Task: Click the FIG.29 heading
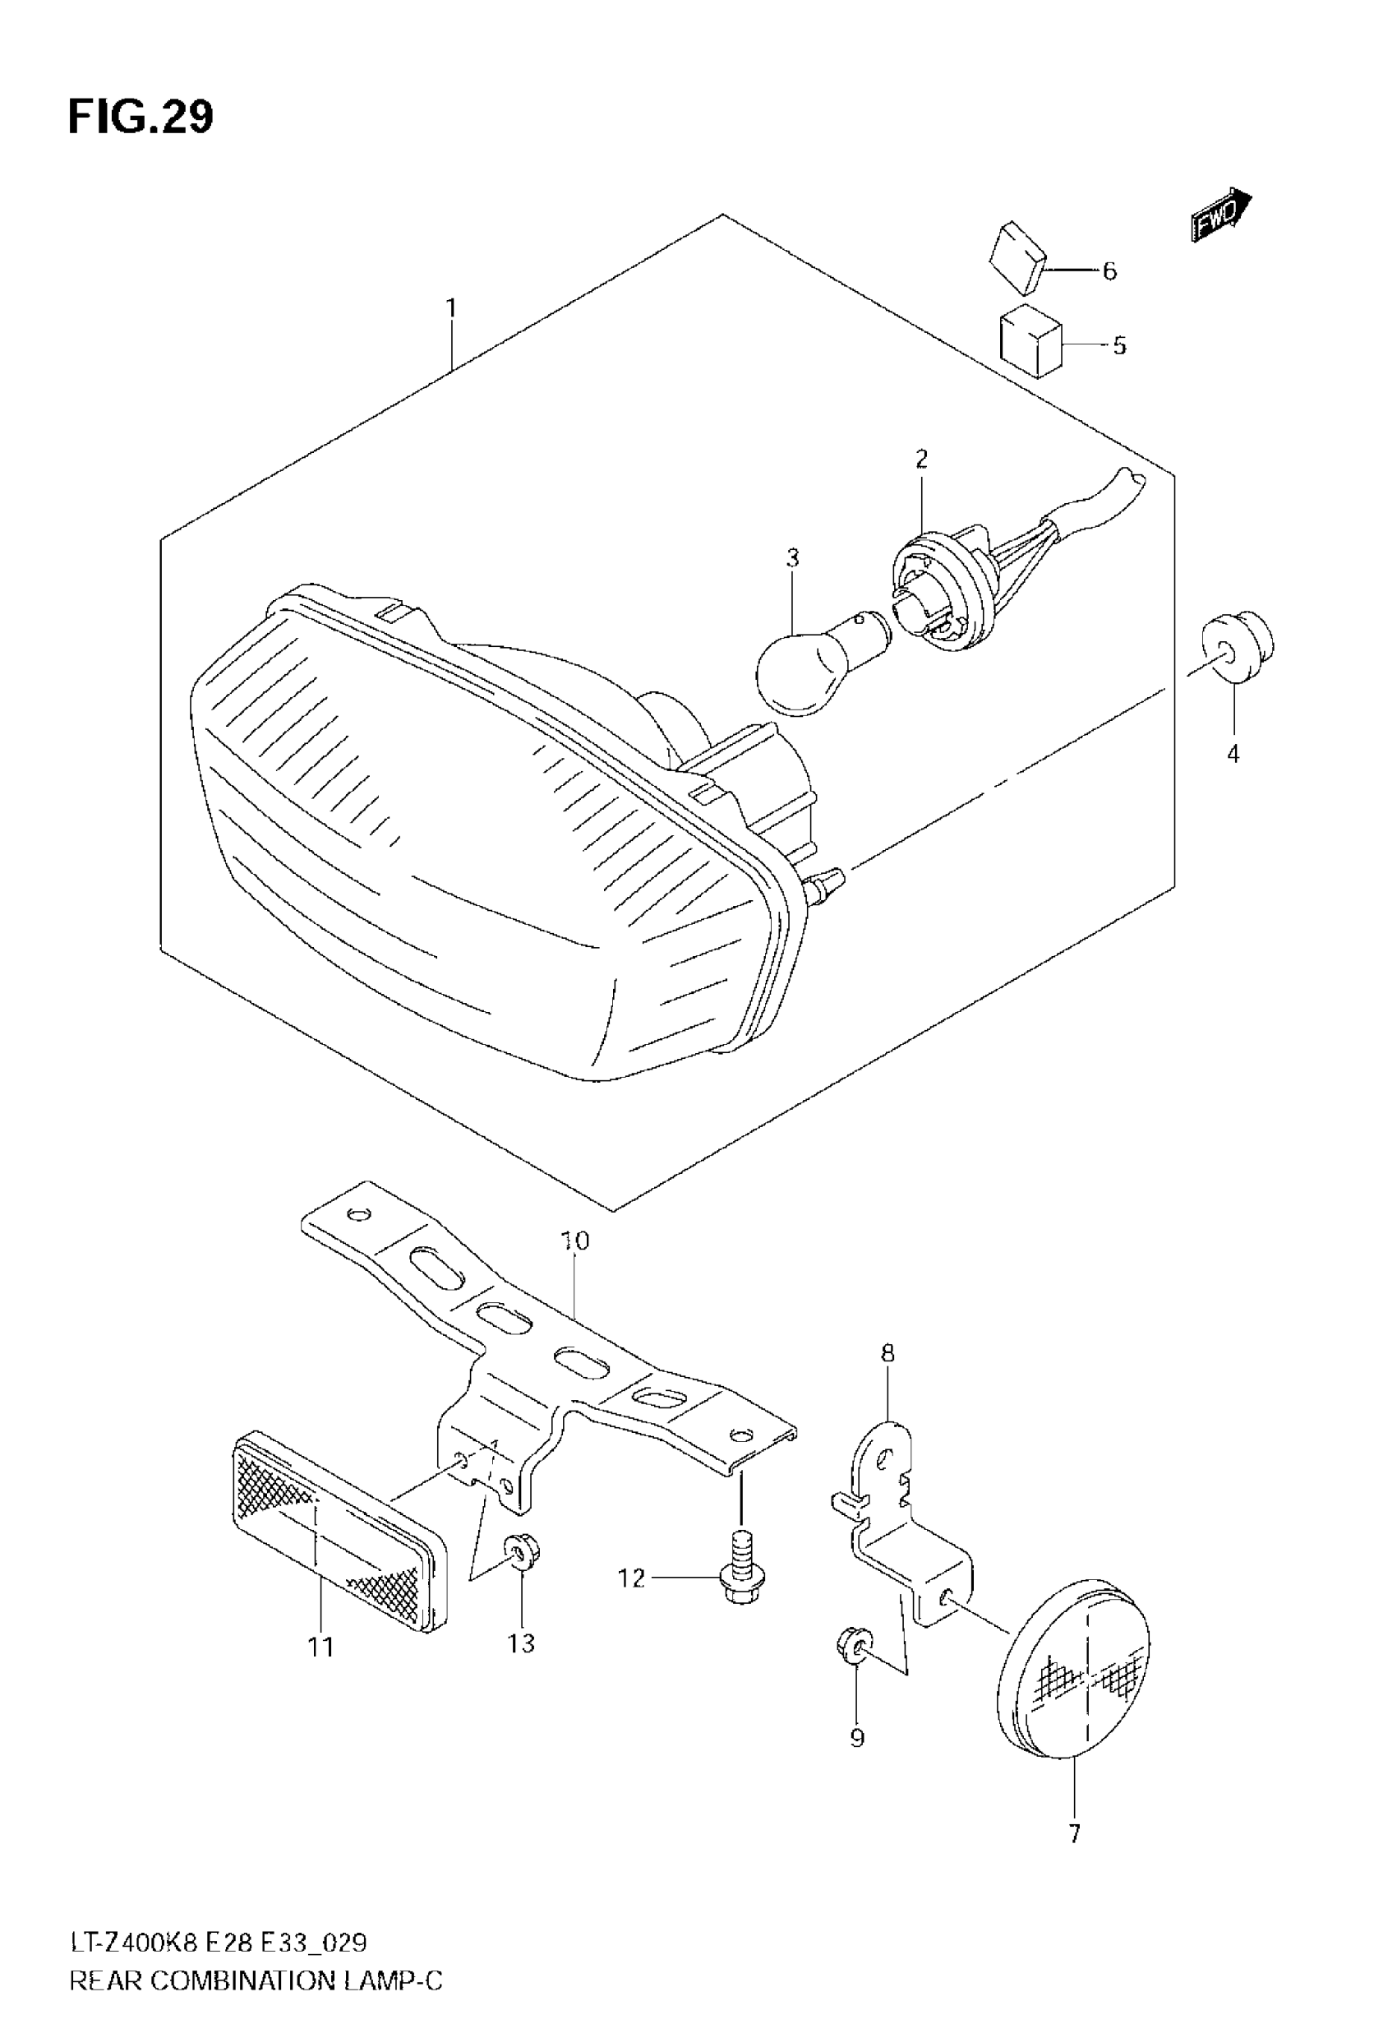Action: coord(140,118)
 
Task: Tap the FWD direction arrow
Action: coord(1220,214)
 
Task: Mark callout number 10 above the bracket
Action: coord(575,1241)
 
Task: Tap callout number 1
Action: coord(451,308)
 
